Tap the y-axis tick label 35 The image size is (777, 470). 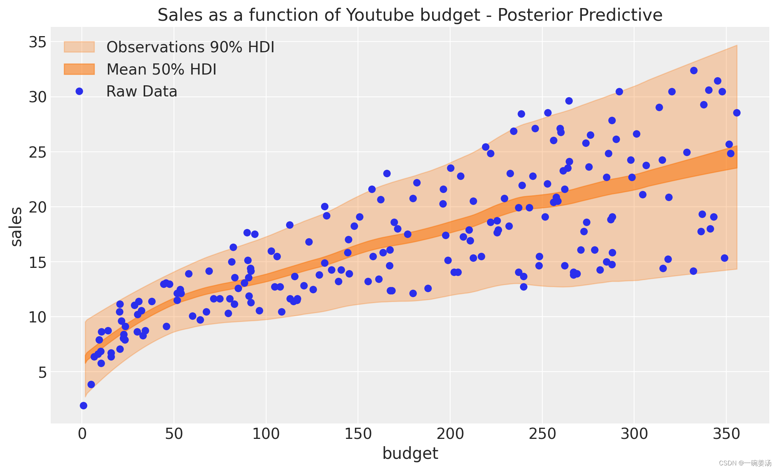(38, 42)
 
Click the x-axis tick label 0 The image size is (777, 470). (82, 434)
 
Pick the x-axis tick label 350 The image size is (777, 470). (726, 434)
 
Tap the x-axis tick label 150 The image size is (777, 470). (358, 434)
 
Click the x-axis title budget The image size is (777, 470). (410, 454)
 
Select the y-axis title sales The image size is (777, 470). (17, 226)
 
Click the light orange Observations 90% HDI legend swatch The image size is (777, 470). (79, 47)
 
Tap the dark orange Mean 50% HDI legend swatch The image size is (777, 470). (79, 69)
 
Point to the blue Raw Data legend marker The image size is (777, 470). (80, 91)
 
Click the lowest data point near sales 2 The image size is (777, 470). (83, 405)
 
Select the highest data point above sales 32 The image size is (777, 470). (694, 70)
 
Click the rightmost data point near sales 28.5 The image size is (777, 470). (737, 113)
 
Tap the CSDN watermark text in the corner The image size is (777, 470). (745, 463)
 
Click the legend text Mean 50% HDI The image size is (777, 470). (161, 70)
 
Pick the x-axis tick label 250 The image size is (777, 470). (542, 434)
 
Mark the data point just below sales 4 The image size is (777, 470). (91, 384)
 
